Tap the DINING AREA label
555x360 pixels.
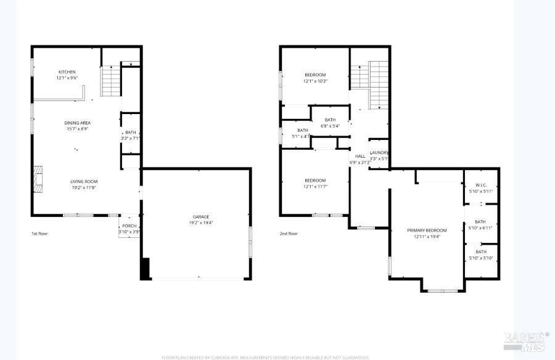click(78, 123)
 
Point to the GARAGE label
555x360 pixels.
click(201, 216)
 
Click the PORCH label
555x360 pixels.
click(129, 226)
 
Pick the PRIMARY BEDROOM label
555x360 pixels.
click(427, 230)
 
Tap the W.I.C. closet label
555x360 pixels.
click(480, 185)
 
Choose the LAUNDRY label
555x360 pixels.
click(378, 152)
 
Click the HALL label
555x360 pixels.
click(360, 156)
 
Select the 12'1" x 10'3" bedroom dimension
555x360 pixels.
click(315, 81)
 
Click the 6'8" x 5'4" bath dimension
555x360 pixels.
click(330, 126)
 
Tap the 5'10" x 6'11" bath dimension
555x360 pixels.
click(480, 227)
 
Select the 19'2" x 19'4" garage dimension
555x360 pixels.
click(201, 223)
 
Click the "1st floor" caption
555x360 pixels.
click(39, 234)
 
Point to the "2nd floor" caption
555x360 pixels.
click(289, 234)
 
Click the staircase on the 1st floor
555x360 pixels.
click(110, 80)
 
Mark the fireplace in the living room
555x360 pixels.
click(38, 179)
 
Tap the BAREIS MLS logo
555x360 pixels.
click(526, 341)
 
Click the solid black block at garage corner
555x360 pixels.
click(146, 269)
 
